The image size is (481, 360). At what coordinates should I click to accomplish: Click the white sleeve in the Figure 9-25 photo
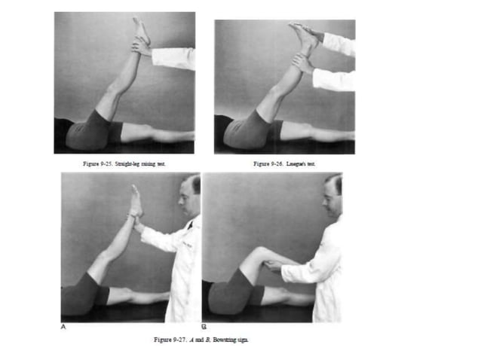(x=175, y=57)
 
